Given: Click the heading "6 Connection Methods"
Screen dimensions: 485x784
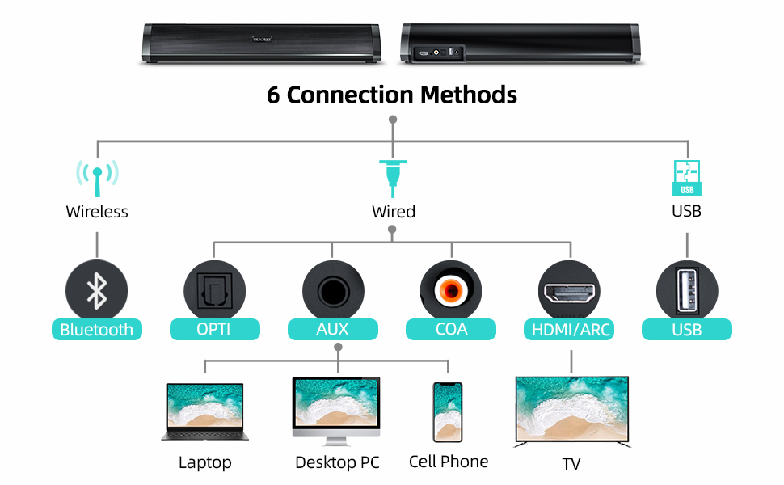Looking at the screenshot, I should pyautogui.click(x=392, y=95).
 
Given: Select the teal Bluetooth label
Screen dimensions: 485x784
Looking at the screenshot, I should pyautogui.click(x=97, y=329).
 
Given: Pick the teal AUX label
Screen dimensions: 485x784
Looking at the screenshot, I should pyautogui.click(x=333, y=329).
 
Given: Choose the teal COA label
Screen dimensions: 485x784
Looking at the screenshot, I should pyautogui.click(x=451, y=329).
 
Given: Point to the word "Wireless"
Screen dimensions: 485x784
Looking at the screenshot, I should pyautogui.click(x=97, y=212).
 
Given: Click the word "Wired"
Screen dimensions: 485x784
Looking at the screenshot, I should pyautogui.click(x=394, y=212).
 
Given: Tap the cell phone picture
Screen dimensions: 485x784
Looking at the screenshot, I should pyautogui.click(x=447, y=411).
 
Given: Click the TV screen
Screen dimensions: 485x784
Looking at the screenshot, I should pyautogui.click(x=572, y=409).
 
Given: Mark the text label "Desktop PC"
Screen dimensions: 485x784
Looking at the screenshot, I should pyautogui.click(x=337, y=462).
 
